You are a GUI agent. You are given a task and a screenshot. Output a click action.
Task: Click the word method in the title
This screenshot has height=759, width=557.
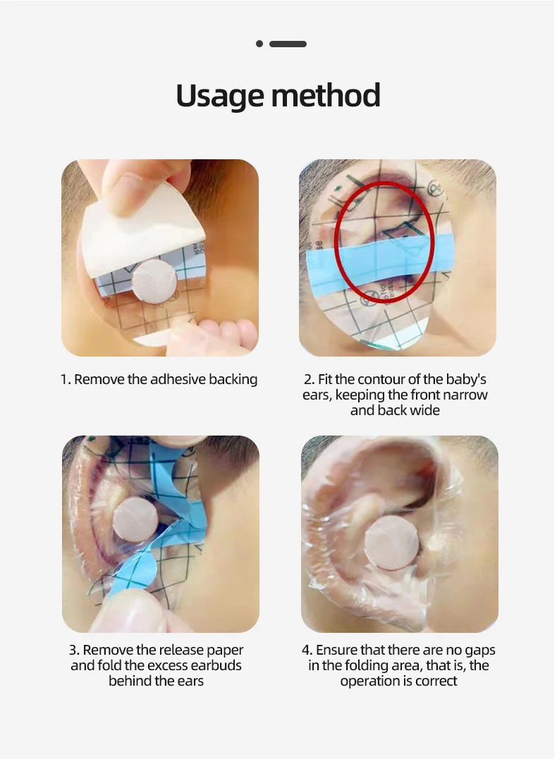[x=326, y=95]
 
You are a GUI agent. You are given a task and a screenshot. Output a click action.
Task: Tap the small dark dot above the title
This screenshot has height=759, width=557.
[x=259, y=44]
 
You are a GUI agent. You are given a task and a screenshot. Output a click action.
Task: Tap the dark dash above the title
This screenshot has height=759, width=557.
[x=288, y=44]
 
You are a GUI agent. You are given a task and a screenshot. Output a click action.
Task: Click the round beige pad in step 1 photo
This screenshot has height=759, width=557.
[x=154, y=282]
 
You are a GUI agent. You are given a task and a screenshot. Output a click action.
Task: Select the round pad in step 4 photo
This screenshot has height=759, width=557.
[x=391, y=543]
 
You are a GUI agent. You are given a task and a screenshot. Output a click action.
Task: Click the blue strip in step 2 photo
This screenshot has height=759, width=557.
[x=378, y=264]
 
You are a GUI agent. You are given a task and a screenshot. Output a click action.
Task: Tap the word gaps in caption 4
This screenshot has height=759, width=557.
[x=479, y=650]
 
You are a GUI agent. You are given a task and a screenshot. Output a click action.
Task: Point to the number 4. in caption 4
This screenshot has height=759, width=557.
[x=307, y=650]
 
